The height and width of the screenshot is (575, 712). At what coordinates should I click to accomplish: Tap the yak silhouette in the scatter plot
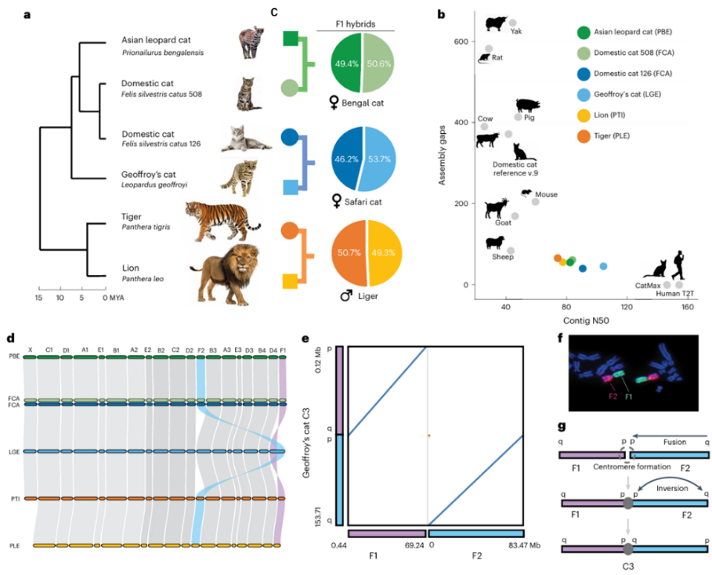pyautogui.click(x=497, y=24)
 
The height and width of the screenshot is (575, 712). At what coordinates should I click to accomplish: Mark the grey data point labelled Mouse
pyautogui.click(x=536, y=201)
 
